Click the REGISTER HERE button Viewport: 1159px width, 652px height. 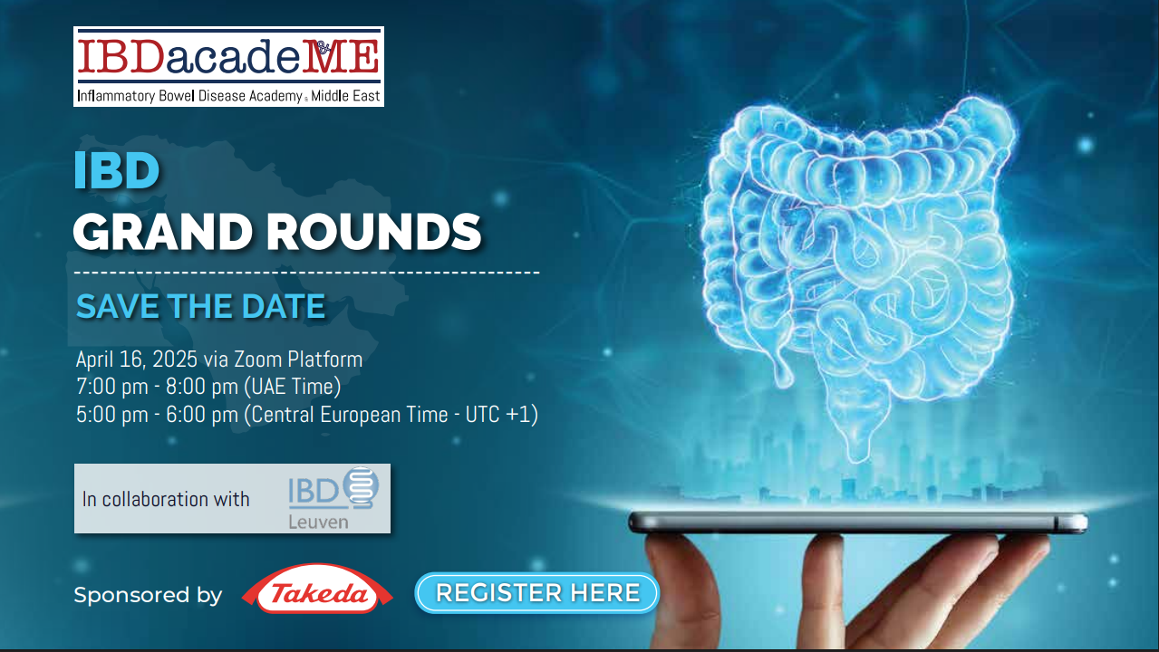pyautogui.click(x=536, y=593)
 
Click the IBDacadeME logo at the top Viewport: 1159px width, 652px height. pyautogui.click(x=228, y=67)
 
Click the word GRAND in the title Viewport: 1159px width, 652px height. pyautogui.click(x=162, y=232)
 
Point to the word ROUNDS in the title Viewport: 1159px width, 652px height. pyautogui.click(x=374, y=232)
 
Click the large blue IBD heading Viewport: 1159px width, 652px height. pyautogui.click(x=116, y=170)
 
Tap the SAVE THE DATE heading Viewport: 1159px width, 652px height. pyautogui.click(x=201, y=306)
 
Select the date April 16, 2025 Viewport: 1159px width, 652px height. pyautogui.click(x=137, y=360)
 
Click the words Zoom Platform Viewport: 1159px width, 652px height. pyautogui.click(x=298, y=359)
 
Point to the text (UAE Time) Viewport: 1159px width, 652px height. pyautogui.click(x=293, y=387)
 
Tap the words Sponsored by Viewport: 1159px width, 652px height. pyautogui.click(x=148, y=595)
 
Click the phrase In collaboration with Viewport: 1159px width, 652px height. pyautogui.click(x=166, y=499)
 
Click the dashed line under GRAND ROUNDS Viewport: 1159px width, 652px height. pyautogui.click(x=307, y=272)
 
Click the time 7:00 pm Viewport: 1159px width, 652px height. pyautogui.click(x=112, y=387)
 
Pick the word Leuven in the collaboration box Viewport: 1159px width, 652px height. pyautogui.click(x=318, y=522)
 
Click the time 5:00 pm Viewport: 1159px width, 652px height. pyautogui.click(x=112, y=415)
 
